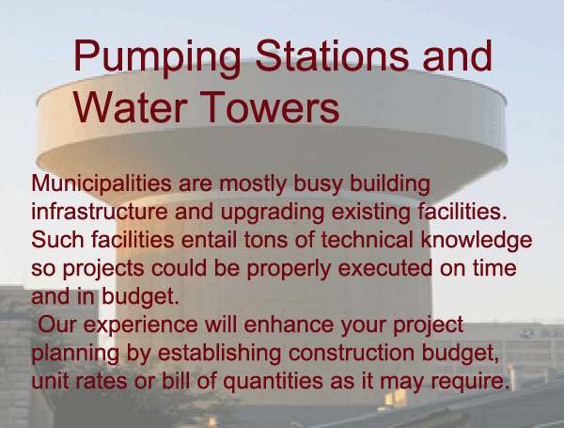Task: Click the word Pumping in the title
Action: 157,57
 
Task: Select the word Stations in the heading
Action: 332,55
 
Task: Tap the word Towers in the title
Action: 270,107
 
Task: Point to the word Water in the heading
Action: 131,107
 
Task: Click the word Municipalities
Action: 102,182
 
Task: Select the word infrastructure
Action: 100,212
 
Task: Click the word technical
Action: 367,239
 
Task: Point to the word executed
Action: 385,268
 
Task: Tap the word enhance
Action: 289,325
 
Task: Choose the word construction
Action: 352,353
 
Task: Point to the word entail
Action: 209,239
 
